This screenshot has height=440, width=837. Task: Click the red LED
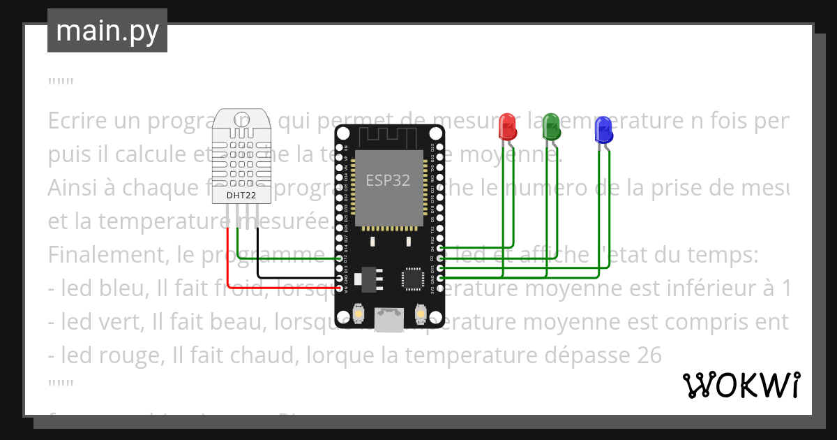coord(507,126)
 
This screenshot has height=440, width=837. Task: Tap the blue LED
coord(603,130)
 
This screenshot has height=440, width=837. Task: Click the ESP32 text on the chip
coord(388,180)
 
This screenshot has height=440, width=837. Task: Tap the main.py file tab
coord(107,31)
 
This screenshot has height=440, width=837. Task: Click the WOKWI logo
coord(741,385)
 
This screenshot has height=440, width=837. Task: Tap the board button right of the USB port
coord(421,314)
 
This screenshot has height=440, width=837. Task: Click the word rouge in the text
coord(131,356)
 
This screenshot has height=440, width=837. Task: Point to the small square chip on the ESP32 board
coord(412,279)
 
